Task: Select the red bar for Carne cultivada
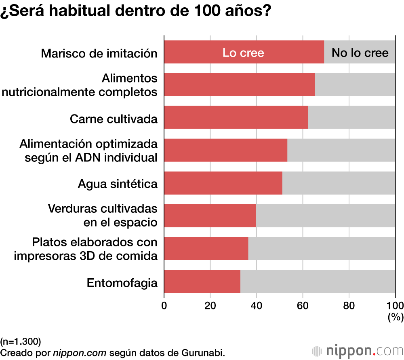pos(236,118)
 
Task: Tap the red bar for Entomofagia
pos(202,281)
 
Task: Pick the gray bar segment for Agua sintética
pos(339,183)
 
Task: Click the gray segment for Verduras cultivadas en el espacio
pos(325,216)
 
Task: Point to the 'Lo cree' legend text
pos(243,53)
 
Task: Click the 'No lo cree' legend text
pos(360,53)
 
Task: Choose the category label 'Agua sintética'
pos(118,184)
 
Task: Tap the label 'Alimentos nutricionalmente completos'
pos(80,85)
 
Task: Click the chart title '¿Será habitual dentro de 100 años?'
pos(135,11)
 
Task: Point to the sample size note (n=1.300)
pos(21,341)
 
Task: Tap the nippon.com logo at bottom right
pos(357,350)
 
